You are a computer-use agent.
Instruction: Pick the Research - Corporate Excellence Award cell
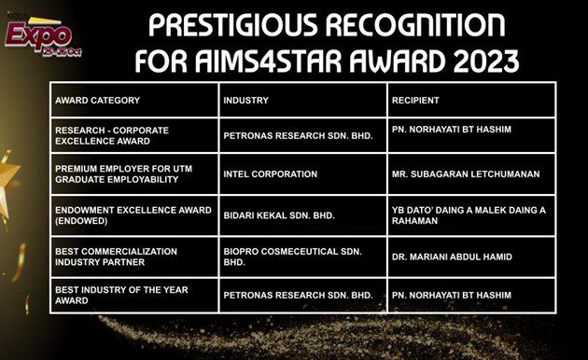(112, 135)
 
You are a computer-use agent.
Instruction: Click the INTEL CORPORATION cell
(271, 174)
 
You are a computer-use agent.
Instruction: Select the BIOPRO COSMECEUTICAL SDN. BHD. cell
(288, 254)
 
